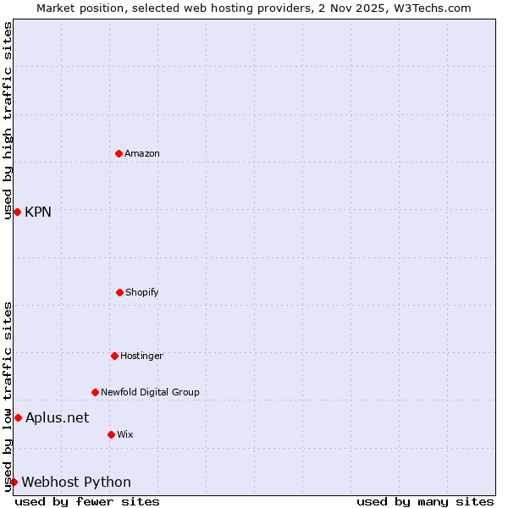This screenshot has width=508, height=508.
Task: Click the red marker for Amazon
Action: (x=119, y=153)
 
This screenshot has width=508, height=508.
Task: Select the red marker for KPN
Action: (x=17, y=212)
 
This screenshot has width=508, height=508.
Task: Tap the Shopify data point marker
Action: (x=119, y=292)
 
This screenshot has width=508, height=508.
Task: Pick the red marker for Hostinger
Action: (x=114, y=356)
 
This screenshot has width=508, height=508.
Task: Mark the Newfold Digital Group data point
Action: (x=95, y=392)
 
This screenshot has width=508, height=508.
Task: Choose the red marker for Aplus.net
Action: (x=18, y=417)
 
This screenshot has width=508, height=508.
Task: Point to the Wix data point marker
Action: (x=111, y=434)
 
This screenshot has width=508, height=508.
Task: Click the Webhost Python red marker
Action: (x=14, y=482)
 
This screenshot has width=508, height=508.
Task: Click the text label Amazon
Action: (x=142, y=153)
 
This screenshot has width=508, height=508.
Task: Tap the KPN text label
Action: (x=38, y=212)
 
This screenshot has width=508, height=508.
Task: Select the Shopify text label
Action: (x=142, y=292)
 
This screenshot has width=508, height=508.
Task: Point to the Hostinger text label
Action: (x=141, y=356)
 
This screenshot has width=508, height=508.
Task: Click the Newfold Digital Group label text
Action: (x=150, y=392)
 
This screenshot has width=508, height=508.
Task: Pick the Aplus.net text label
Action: (x=57, y=417)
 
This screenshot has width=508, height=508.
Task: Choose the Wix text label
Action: (x=125, y=434)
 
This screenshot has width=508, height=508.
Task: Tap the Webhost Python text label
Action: (x=76, y=482)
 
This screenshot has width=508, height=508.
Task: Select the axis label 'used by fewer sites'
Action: (x=87, y=501)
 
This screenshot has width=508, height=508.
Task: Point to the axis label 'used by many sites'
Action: (x=425, y=501)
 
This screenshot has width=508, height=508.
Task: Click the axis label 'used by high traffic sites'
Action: (x=8, y=120)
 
